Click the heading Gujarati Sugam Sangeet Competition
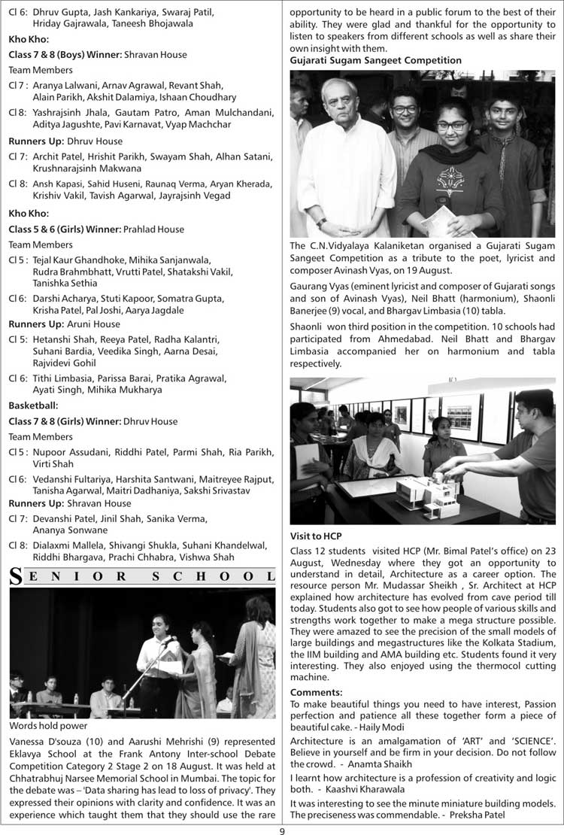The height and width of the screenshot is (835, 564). point(376,60)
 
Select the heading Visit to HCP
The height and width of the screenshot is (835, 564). point(316,536)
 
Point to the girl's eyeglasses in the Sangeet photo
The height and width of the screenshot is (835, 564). point(452,126)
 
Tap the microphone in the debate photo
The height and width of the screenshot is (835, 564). point(165,642)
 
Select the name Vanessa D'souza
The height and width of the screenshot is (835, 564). point(45,740)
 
